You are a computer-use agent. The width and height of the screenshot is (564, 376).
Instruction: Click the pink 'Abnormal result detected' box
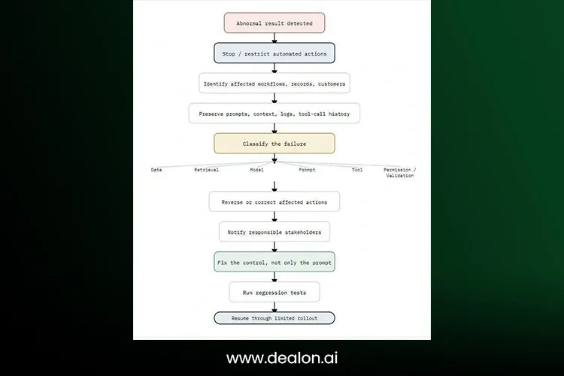click(x=274, y=23)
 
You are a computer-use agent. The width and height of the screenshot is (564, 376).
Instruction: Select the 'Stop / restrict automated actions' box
click(x=274, y=53)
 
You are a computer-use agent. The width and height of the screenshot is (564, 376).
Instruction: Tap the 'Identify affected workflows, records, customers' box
click(x=274, y=83)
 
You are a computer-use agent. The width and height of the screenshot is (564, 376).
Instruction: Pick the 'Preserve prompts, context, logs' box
click(x=274, y=114)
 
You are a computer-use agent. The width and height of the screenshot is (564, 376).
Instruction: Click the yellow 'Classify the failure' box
click(x=274, y=144)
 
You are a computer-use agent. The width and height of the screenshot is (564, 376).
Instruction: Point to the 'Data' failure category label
click(x=156, y=170)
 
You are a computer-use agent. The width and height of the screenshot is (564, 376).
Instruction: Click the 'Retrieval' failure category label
click(x=207, y=170)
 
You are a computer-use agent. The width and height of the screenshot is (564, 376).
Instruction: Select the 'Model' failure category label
click(x=257, y=170)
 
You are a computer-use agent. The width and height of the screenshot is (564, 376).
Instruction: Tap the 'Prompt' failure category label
click(x=307, y=170)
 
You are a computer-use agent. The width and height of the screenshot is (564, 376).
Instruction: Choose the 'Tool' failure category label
click(x=357, y=170)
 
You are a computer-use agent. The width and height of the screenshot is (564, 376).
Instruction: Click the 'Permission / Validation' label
click(x=399, y=173)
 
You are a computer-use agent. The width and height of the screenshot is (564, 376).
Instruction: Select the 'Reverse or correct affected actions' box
click(x=274, y=202)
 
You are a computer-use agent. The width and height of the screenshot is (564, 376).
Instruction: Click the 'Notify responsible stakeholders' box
click(x=274, y=232)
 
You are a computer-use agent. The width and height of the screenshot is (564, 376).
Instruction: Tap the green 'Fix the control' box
click(x=274, y=262)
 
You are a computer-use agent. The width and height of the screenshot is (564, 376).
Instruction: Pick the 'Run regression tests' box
click(x=274, y=293)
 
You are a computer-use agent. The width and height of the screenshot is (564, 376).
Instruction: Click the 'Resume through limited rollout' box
click(x=274, y=318)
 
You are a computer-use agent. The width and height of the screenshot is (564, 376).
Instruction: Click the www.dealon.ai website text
click(x=282, y=358)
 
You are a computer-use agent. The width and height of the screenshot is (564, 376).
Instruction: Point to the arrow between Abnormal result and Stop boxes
click(x=274, y=38)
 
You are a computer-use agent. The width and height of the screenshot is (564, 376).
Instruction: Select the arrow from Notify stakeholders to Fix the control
click(x=274, y=247)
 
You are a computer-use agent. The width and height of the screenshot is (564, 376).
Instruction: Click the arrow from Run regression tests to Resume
click(x=274, y=308)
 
